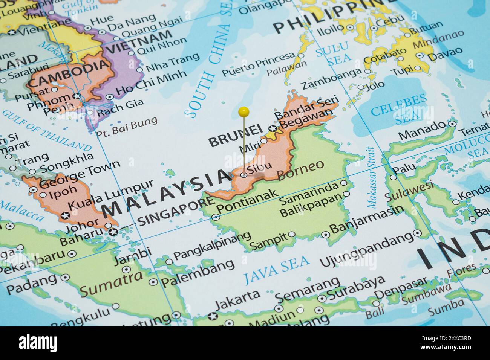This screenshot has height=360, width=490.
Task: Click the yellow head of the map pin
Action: pos(244,111)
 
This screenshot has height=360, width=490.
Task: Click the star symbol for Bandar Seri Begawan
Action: pos(273,129)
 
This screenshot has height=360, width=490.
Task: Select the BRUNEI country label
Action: pos(235,137)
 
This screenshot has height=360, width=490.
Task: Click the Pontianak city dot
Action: pos(216,217)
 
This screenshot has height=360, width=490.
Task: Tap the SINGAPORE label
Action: pos(176,213)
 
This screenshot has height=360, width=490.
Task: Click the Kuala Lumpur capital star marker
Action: pos(66,216)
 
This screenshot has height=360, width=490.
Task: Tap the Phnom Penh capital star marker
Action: pos(77,96)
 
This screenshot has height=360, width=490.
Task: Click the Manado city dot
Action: pos(452,124)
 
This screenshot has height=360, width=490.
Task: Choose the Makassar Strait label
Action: pos(372,177)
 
